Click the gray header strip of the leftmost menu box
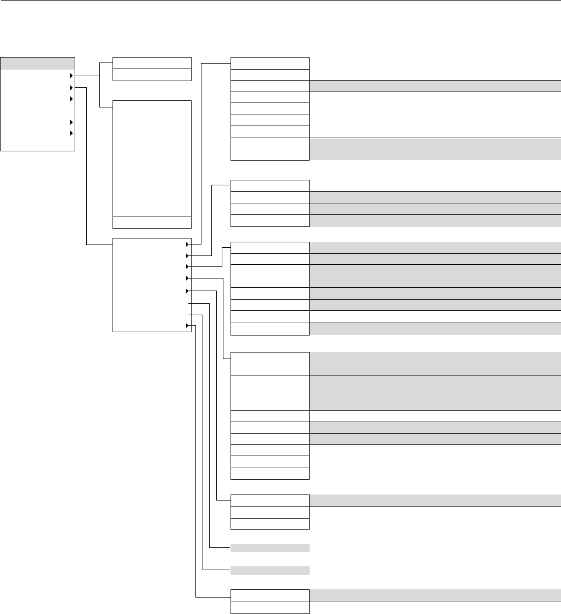pyautogui.click(x=37, y=62)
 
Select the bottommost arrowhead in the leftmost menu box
pyautogui.click(x=71, y=134)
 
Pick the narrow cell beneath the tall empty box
pyautogui.click(x=152, y=222)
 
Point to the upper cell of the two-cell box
pyautogui.click(x=152, y=62)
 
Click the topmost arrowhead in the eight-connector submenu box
pyautogui.click(x=188, y=243)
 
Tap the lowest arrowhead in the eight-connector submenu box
pyautogui.click(x=188, y=326)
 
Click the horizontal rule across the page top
pyautogui.click(x=280, y=1)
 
